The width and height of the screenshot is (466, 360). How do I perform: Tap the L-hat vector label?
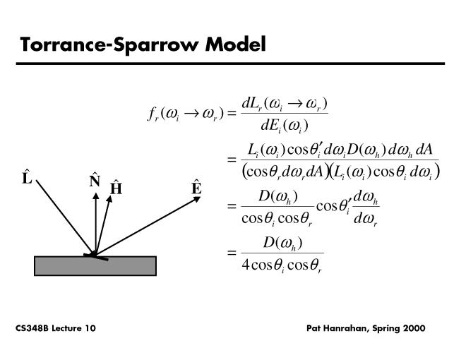[x=27, y=178]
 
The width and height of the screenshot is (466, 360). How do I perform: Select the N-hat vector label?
[x=95, y=181]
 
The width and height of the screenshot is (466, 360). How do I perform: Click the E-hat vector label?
[x=196, y=188]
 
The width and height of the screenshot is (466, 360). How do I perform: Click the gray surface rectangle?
[x=95, y=265]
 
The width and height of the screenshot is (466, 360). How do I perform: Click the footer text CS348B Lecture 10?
[x=56, y=329]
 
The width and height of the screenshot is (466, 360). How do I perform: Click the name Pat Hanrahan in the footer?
[x=335, y=329]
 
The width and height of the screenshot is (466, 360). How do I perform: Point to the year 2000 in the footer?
[x=412, y=329]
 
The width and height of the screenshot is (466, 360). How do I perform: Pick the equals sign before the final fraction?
[x=230, y=254]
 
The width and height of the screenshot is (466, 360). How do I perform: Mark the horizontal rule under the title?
[x=233, y=64]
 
